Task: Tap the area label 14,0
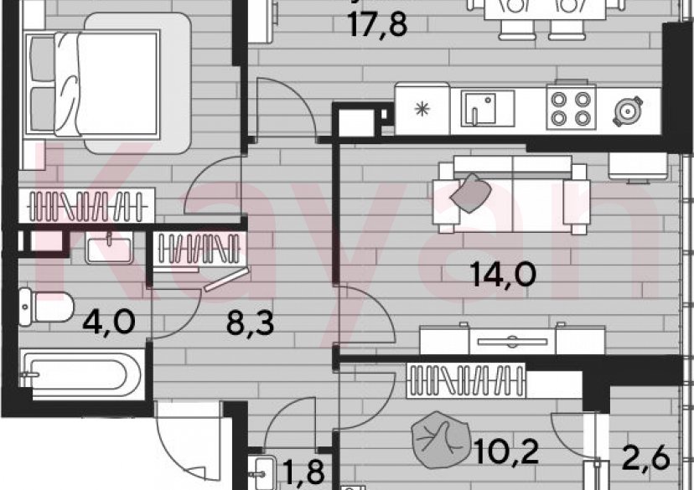click(502, 275)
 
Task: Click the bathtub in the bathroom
click(80, 372)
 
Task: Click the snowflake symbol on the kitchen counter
click(423, 109)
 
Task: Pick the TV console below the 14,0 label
click(512, 340)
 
